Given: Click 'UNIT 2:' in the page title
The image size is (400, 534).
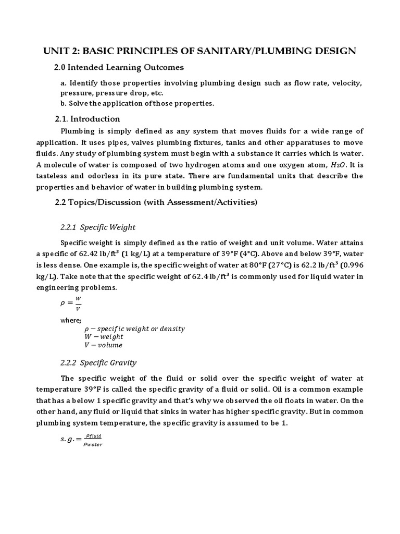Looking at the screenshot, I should coord(59,51).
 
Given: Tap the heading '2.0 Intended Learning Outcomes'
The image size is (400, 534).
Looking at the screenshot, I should coord(119,67).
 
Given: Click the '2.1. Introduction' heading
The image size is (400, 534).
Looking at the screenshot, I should coord(87,118).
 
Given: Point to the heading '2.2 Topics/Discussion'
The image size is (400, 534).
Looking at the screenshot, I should coord(156,202).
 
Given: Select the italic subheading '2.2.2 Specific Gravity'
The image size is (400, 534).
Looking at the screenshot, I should coord(99,362).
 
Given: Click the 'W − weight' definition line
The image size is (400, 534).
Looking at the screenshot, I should coord(104,337).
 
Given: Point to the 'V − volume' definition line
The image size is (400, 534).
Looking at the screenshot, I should coord(103,345).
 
